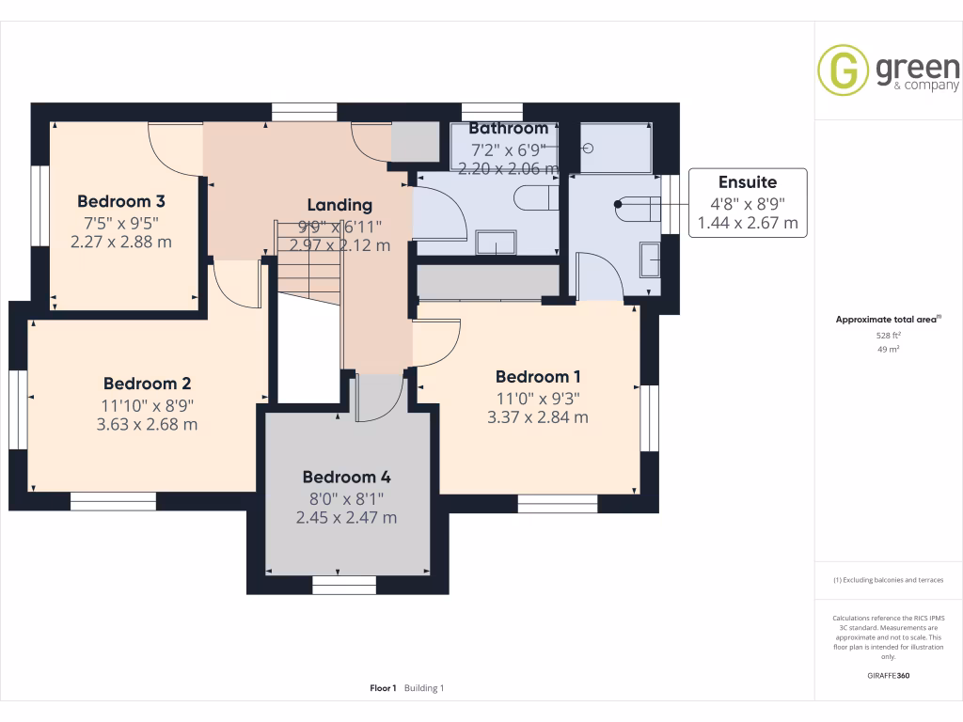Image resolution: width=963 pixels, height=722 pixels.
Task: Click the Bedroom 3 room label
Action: pyautogui.click(x=121, y=201)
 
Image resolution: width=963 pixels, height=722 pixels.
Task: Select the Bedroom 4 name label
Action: pyautogui.click(x=346, y=477)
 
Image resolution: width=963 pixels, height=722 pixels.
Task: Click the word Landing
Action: pyautogui.click(x=339, y=205)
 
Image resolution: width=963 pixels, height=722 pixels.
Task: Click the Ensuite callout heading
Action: pyautogui.click(x=748, y=182)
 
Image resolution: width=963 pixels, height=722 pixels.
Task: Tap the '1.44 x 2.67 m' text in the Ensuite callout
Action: pyautogui.click(x=748, y=223)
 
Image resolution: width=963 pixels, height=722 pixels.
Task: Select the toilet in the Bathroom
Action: pyautogui.click(x=537, y=198)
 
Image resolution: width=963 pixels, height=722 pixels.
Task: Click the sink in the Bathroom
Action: pyautogui.click(x=496, y=243)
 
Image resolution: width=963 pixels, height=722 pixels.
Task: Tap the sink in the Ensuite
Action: pyautogui.click(x=651, y=259)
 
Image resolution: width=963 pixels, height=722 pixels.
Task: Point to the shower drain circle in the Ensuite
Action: pyautogui.click(x=589, y=149)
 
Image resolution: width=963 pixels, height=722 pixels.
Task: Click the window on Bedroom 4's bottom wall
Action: pyautogui.click(x=344, y=586)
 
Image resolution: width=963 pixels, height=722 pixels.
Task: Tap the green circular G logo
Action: pyautogui.click(x=843, y=71)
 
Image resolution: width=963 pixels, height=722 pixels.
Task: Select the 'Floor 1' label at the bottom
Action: pyautogui.click(x=383, y=688)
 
